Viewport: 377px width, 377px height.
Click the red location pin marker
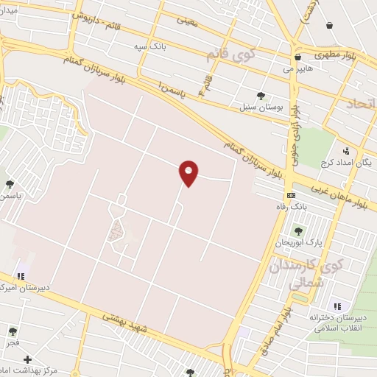click(x=188, y=172)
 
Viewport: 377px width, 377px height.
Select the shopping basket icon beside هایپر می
click(x=297, y=57)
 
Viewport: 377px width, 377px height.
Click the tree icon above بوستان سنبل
click(x=261, y=95)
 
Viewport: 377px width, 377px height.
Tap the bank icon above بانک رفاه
click(x=291, y=195)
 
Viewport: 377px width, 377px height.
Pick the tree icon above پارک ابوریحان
click(x=298, y=231)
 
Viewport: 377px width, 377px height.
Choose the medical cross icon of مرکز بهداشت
click(x=27, y=360)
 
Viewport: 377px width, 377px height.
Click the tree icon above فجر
click(x=12, y=331)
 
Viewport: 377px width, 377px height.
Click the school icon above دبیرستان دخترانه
click(x=337, y=306)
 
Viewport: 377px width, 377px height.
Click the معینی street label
click(x=187, y=20)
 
